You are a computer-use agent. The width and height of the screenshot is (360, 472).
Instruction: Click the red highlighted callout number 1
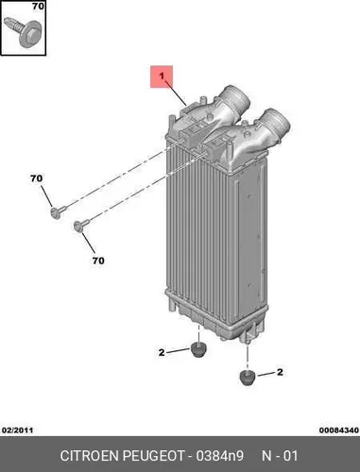pyautogui.click(x=162, y=76)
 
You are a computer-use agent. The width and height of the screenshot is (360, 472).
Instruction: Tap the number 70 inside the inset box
pyautogui.click(x=38, y=6)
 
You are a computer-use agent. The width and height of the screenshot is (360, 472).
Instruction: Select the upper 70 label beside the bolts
pyautogui.click(x=36, y=178)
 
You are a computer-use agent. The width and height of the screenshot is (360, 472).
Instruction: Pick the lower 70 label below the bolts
pyautogui.click(x=98, y=261)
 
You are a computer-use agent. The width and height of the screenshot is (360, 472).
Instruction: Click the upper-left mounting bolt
pyautogui.click(x=59, y=211)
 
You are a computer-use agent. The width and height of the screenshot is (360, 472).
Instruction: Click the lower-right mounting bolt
pyautogui.click(x=81, y=226)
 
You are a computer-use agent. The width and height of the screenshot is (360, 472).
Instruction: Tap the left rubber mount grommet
pyautogui.click(x=198, y=349)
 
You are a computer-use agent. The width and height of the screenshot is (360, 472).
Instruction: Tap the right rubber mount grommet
pyautogui.click(x=248, y=378)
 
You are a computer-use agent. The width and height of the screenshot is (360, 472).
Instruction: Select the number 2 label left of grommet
pyautogui.click(x=162, y=352)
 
